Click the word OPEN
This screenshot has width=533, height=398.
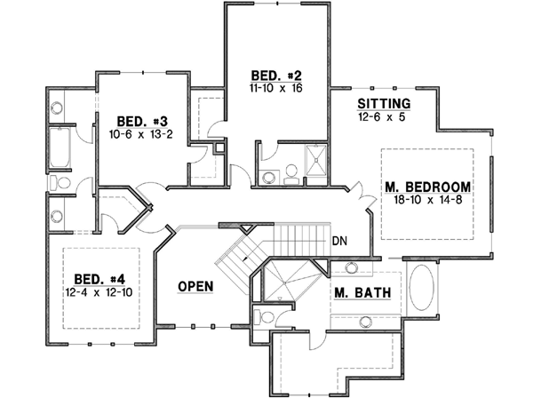click(x=195, y=286)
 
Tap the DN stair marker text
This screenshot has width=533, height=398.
click(x=338, y=241)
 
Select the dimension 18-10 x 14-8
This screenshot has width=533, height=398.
click(x=427, y=202)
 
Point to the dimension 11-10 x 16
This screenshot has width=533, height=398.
click(x=265, y=90)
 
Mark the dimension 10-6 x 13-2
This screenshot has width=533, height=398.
click(x=139, y=135)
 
